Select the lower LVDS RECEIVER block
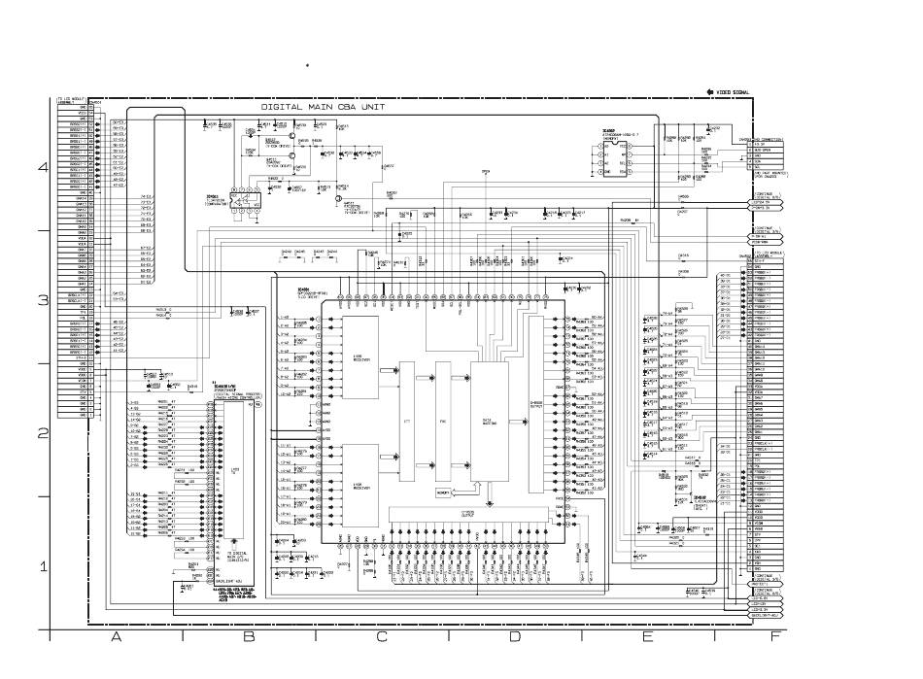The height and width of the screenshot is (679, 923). pos(357,483)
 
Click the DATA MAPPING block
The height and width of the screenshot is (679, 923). pos(488,423)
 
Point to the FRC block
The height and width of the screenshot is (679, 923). pos(443,423)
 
